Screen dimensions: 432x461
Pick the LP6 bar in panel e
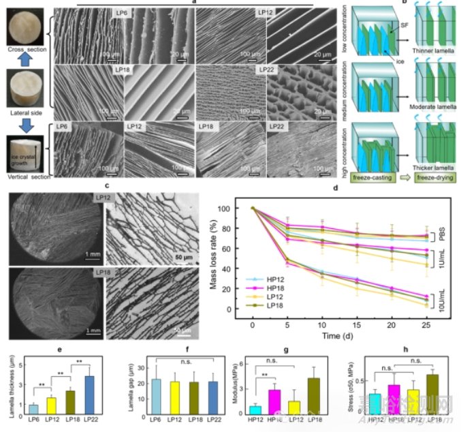[33, 408]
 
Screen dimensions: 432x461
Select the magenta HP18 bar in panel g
[271, 401]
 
